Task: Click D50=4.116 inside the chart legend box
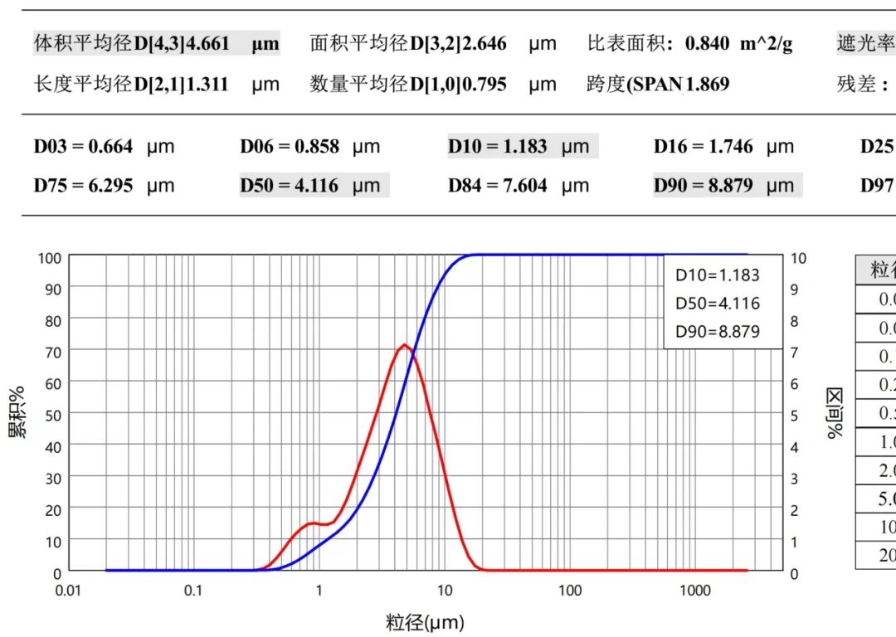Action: [x=718, y=304]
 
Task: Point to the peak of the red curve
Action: [x=404, y=344]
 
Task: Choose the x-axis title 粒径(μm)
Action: [x=425, y=622]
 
